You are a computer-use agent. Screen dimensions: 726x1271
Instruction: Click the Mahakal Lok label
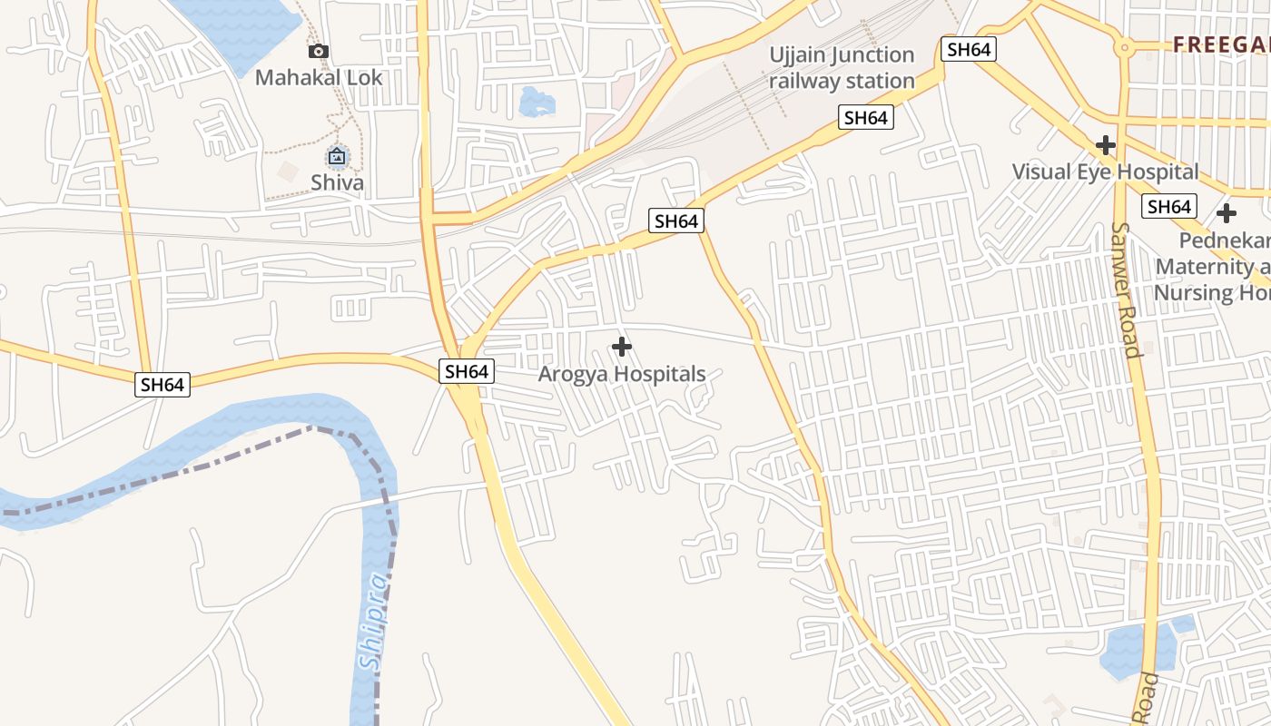tap(319, 77)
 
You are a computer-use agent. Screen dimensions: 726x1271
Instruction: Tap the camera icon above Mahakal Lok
tap(318, 52)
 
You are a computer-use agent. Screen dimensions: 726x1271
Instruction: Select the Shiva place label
tap(337, 182)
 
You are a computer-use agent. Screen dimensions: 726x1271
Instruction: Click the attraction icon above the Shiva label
tap(337, 157)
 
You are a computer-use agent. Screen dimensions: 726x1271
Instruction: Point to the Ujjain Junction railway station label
tap(842, 68)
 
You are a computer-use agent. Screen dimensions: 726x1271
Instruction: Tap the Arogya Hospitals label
tap(622, 374)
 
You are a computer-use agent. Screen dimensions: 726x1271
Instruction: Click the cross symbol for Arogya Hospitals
tap(622, 347)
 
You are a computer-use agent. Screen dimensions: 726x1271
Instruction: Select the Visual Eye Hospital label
tap(1105, 172)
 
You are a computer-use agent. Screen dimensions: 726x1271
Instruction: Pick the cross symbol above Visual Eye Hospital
tap(1105, 145)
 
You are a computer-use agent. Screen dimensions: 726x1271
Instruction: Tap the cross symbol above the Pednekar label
tap(1227, 214)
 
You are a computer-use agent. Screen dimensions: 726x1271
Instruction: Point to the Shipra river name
tap(373, 623)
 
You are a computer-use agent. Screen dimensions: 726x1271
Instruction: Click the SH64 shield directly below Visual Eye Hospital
tap(1169, 206)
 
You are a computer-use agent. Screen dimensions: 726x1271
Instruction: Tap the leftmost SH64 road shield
tap(163, 384)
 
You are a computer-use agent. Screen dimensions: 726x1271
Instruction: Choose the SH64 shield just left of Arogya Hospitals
tap(467, 370)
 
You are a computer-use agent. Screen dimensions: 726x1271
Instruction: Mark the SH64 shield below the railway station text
tap(865, 117)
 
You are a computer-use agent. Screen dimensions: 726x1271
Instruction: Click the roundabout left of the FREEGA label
tap(1124, 47)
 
